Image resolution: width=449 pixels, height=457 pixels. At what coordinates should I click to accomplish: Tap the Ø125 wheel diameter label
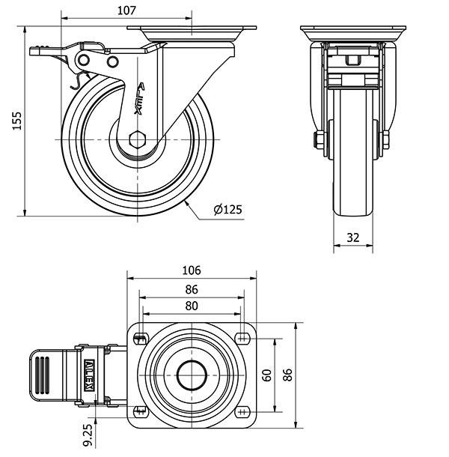click(227, 211)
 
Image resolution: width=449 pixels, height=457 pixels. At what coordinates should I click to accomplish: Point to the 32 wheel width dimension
click(353, 237)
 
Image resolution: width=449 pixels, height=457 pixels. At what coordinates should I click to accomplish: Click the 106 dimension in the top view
click(192, 270)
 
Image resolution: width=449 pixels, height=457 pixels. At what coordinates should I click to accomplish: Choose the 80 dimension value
click(192, 306)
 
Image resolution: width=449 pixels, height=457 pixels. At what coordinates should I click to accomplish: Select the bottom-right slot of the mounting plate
click(242, 411)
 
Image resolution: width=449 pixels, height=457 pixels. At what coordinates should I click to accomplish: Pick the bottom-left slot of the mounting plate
click(141, 411)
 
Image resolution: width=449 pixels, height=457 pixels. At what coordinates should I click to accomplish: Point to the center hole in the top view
click(192, 374)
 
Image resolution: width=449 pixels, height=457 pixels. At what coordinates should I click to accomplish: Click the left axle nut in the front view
click(317, 139)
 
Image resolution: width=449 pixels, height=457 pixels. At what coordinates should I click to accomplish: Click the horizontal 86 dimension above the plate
click(192, 288)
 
